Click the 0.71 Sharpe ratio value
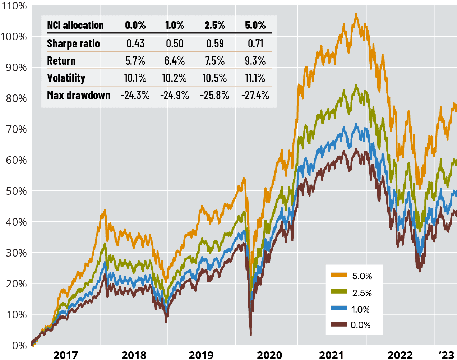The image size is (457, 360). [x=255, y=43]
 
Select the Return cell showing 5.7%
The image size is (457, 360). [x=135, y=61]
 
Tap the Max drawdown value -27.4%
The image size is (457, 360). [x=255, y=95]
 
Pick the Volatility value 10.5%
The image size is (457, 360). [x=214, y=78]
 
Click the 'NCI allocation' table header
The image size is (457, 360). [x=75, y=25]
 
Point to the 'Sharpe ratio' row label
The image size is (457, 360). [x=73, y=43]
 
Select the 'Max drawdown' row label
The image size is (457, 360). [x=79, y=95]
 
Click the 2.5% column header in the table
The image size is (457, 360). [x=214, y=25]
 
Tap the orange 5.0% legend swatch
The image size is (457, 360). [x=339, y=275]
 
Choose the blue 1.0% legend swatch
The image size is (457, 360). [x=339, y=308]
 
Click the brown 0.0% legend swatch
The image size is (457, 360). [x=339, y=324]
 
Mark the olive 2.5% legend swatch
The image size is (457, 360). [x=339, y=292]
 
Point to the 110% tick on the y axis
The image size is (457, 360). [x=14, y=6]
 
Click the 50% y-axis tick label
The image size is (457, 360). [x=16, y=191]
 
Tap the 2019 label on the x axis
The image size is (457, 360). [x=201, y=355]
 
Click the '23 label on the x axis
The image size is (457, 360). [x=447, y=355]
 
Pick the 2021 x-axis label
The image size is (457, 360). [x=331, y=355]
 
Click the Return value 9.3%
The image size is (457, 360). [x=255, y=61]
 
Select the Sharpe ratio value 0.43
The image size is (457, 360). [x=135, y=43]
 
